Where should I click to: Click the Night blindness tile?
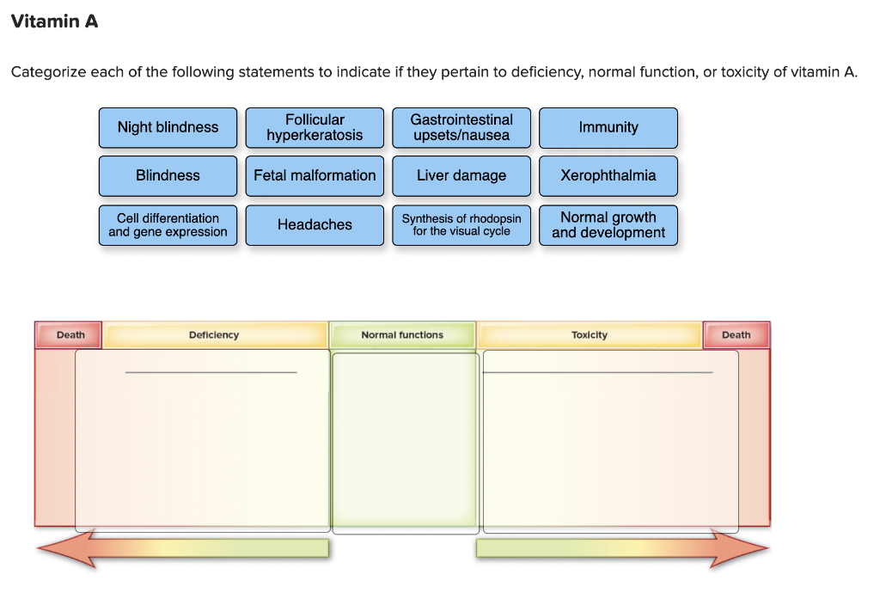(168, 127)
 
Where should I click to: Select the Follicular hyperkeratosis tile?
(315, 127)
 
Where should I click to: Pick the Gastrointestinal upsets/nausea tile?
(461, 127)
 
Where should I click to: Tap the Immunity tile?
(608, 127)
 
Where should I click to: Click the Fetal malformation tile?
(315, 175)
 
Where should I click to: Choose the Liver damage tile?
(461, 175)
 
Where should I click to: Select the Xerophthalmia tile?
(608, 175)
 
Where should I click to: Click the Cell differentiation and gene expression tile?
(168, 225)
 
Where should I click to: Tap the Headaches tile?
(315, 225)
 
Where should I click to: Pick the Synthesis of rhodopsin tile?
(461, 225)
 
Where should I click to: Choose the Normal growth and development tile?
(608, 225)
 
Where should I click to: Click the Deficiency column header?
(214, 335)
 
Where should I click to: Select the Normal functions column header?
(402, 335)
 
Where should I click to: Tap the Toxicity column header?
(590, 335)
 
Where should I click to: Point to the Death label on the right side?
(736, 335)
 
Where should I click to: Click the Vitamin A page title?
(54, 21)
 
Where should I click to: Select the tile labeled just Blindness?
(168, 175)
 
